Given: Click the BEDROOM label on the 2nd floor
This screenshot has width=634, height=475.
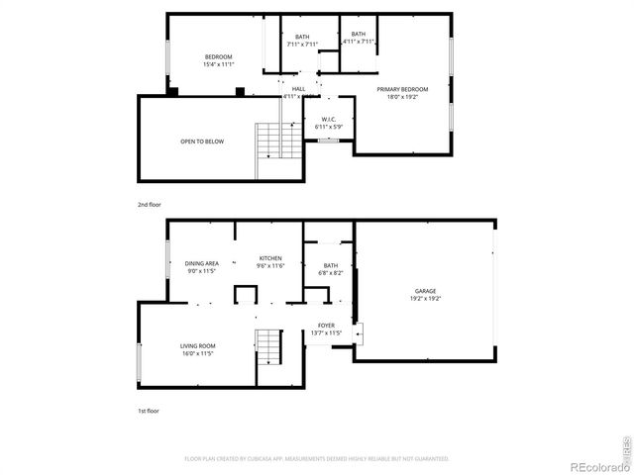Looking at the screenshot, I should [x=218, y=57].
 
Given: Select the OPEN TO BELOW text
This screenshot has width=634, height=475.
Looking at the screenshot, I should [x=201, y=142].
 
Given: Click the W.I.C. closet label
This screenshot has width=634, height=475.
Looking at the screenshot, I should [x=328, y=120].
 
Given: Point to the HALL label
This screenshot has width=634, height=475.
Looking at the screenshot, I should [x=298, y=89].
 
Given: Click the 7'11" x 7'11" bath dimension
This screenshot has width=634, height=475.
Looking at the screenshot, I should [x=301, y=44].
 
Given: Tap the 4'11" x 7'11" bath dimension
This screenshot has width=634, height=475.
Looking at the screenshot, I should [x=359, y=42].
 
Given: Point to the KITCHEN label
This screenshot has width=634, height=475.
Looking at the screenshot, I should [x=270, y=258].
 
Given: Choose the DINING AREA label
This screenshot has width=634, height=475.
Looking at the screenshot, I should [x=201, y=263].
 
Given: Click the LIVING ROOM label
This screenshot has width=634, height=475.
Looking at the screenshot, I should [x=197, y=345].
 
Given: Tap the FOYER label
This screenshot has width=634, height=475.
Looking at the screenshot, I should [x=326, y=325].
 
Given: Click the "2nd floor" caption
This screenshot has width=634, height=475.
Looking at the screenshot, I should [x=149, y=204].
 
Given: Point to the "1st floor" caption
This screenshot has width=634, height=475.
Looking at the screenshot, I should [x=149, y=410].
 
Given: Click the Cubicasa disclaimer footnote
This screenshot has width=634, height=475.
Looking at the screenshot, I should [x=316, y=458].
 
